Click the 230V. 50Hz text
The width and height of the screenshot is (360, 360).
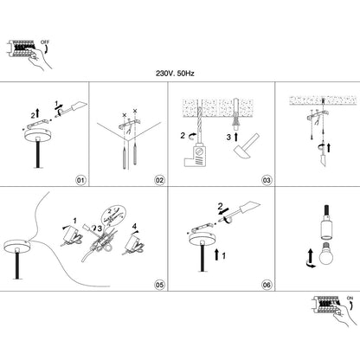[x=175, y=74]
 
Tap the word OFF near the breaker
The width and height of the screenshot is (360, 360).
[x=45, y=42]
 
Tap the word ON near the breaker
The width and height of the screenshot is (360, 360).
[x=350, y=298]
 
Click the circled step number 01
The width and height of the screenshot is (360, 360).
[x=80, y=180]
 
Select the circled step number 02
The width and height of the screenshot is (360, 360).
[x=159, y=180]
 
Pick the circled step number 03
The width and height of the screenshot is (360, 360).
[x=267, y=180]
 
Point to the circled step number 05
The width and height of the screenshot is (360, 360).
[x=159, y=285]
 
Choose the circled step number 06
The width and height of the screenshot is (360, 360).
[x=267, y=285]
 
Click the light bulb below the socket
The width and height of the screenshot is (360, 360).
[x=326, y=254]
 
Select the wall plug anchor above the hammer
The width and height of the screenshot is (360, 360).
[x=235, y=113]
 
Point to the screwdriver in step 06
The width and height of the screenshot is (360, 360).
[x=241, y=212]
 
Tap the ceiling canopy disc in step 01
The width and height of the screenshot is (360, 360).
[x=37, y=134]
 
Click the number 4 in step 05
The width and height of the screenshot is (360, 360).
[x=134, y=225]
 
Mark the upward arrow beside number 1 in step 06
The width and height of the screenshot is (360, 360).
[x=217, y=254]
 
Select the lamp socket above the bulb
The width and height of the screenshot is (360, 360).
[x=326, y=222]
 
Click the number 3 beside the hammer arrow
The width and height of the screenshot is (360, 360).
[x=228, y=138]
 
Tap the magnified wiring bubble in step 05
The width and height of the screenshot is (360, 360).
[x=113, y=215]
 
